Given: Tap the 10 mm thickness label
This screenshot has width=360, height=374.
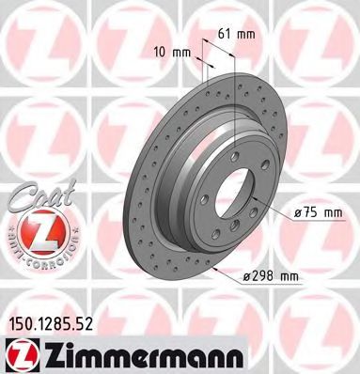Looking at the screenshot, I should tap(167, 53).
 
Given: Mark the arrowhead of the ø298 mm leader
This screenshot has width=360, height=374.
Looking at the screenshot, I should tap(215, 267).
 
